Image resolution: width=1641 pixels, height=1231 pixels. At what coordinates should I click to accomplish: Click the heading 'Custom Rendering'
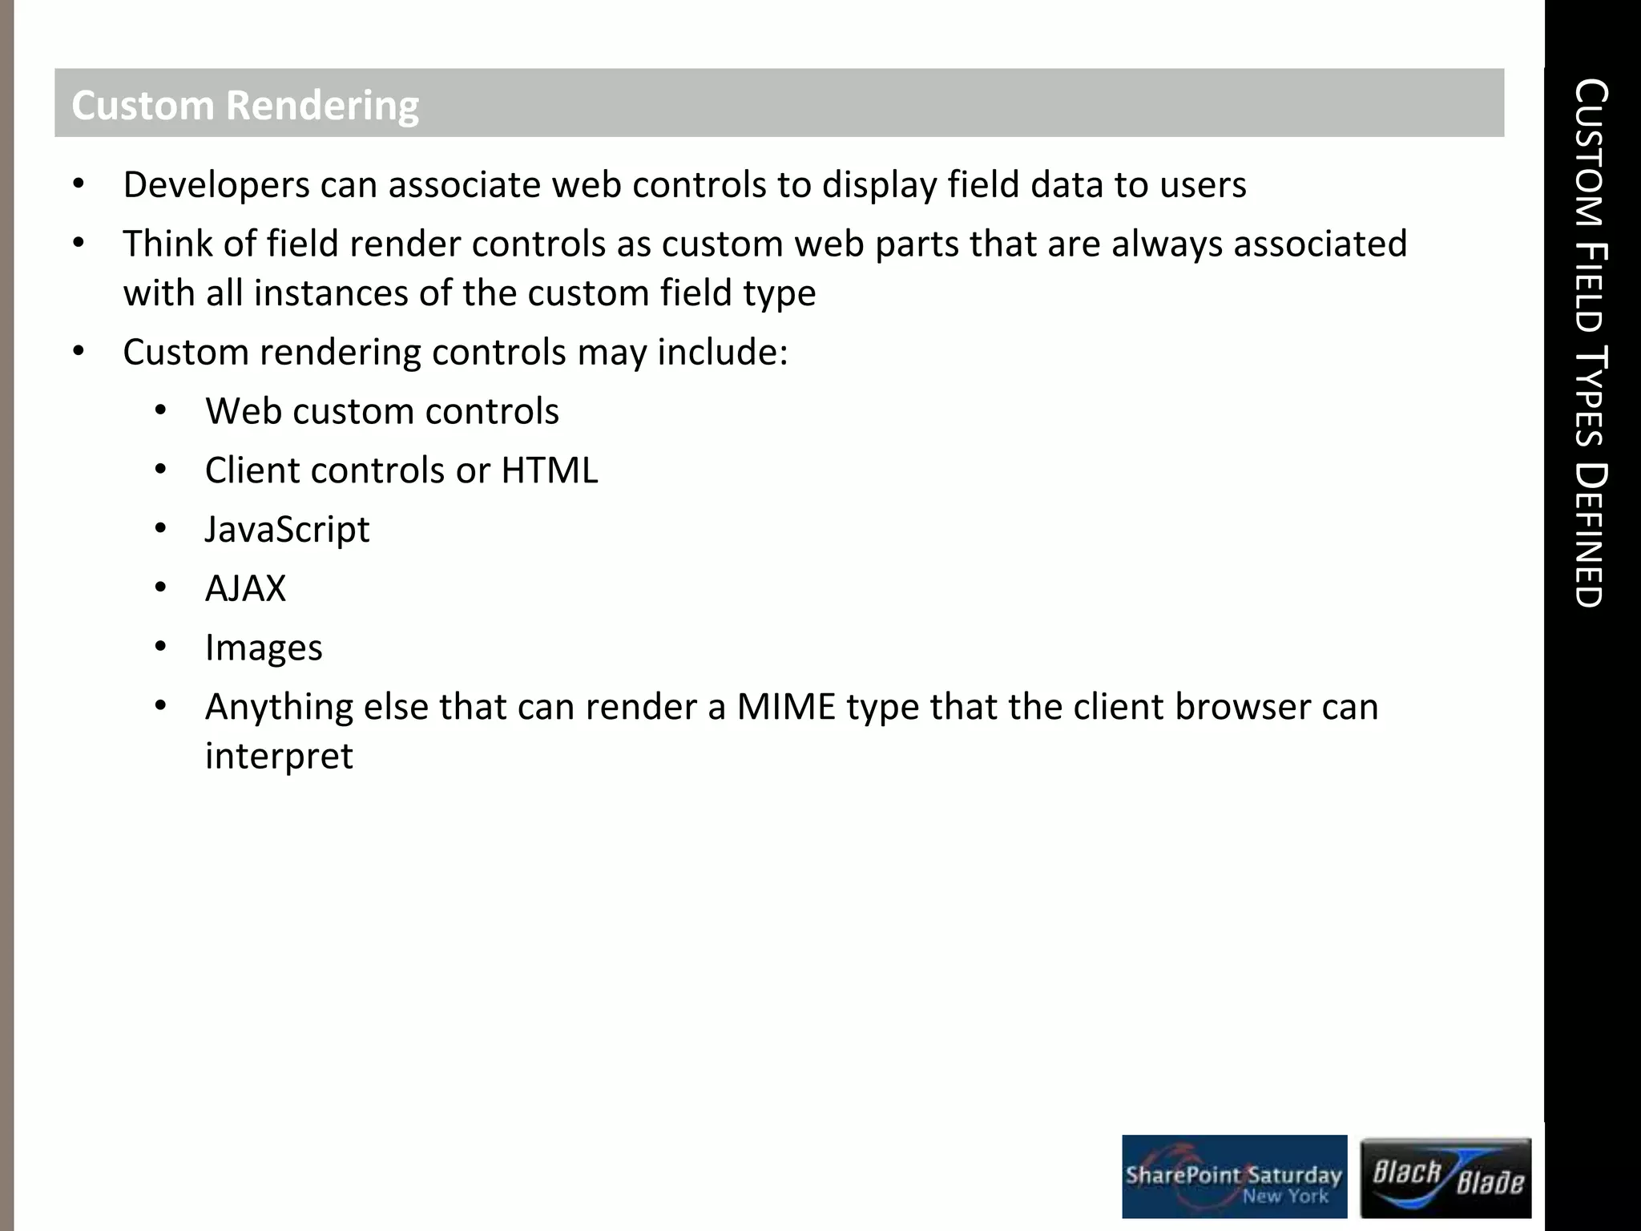pyautogui.click(x=245, y=106)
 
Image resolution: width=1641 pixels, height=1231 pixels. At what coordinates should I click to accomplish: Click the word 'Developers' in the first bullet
pyautogui.click(x=216, y=185)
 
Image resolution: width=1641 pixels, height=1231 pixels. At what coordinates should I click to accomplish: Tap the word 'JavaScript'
pyautogui.click(x=287, y=530)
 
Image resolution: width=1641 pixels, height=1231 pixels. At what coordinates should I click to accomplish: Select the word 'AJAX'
pyautogui.click(x=245, y=589)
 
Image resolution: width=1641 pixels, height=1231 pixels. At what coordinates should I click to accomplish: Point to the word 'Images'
pyautogui.click(x=264, y=648)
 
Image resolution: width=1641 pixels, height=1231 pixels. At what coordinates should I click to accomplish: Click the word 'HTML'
pyautogui.click(x=550, y=470)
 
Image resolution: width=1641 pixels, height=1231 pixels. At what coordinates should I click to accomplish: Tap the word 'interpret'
pyautogui.click(x=279, y=756)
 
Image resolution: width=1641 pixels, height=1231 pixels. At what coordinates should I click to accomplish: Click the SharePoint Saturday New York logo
pyautogui.click(x=1234, y=1177)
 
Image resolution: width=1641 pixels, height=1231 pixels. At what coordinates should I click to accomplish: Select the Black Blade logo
pyautogui.click(x=1445, y=1177)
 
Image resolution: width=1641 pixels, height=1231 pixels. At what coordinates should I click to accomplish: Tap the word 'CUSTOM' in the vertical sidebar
pyautogui.click(x=1589, y=152)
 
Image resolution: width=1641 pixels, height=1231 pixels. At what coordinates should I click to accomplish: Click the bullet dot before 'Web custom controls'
pyautogui.click(x=160, y=411)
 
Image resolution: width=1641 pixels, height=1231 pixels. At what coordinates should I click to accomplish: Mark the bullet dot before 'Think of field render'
pyautogui.click(x=78, y=243)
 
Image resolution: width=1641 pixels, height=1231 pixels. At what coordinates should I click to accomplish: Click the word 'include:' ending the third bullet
pyautogui.click(x=723, y=353)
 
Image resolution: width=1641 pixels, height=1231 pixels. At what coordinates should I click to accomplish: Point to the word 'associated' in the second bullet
pyautogui.click(x=1320, y=244)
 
